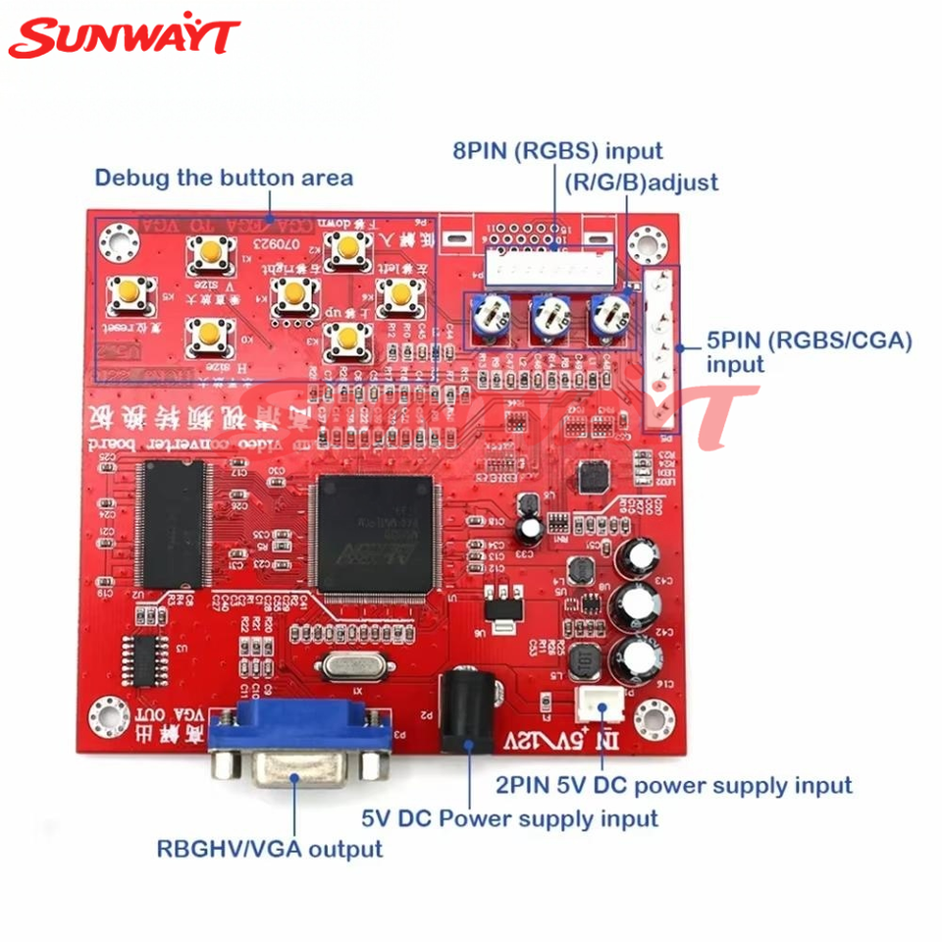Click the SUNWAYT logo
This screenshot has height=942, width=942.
124,37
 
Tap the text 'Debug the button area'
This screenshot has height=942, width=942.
224,179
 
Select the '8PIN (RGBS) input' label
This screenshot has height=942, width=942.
557,151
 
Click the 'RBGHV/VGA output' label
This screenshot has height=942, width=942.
270,848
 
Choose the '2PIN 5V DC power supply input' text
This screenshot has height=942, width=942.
674,785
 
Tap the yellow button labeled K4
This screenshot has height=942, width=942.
292,292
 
